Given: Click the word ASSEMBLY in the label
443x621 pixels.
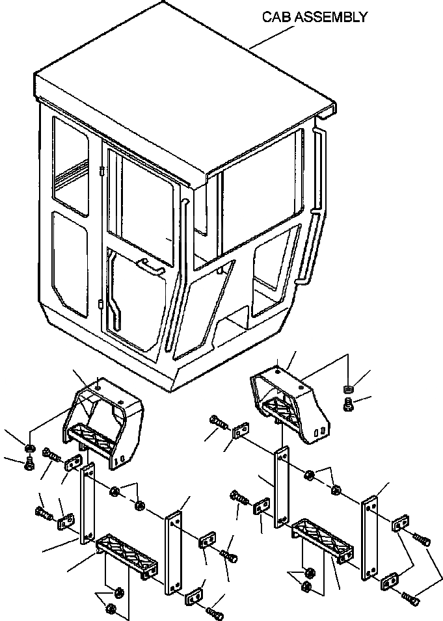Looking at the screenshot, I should (x=330, y=17).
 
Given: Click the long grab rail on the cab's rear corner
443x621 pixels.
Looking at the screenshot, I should (x=317, y=208).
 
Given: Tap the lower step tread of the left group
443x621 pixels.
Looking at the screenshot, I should (x=129, y=551).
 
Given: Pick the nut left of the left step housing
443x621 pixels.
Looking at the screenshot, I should (x=29, y=449).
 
